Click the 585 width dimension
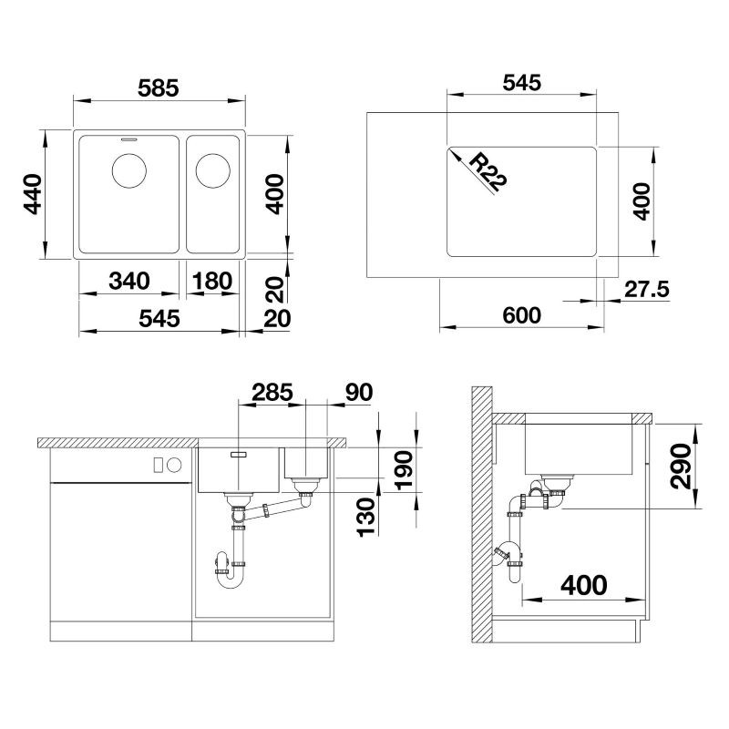click(x=158, y=88)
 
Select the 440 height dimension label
click(x=33, y=194)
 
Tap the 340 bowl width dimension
click(x=129, y=281)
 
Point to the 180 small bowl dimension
click(x=212, y=281)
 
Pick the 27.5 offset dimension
click(x=647, y=289)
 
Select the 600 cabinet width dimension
click(x=521, y=315)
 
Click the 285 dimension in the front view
click(x=272, y=392)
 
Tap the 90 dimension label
click(x=359, y=392)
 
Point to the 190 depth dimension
click(x=404, y=469)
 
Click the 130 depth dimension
click(x=366, y=517)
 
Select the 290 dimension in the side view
click(x=681, y=467)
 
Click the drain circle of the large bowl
click(x=129, y=170)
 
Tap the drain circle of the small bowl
click(x=213, y=171)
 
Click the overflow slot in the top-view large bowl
click(x=128, y=139)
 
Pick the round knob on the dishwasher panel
click(x=174, y=465)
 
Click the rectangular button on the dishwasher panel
click(x=159, y=465)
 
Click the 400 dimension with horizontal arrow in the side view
click(x=584, y=585)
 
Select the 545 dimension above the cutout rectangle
click(x=522, y=83)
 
